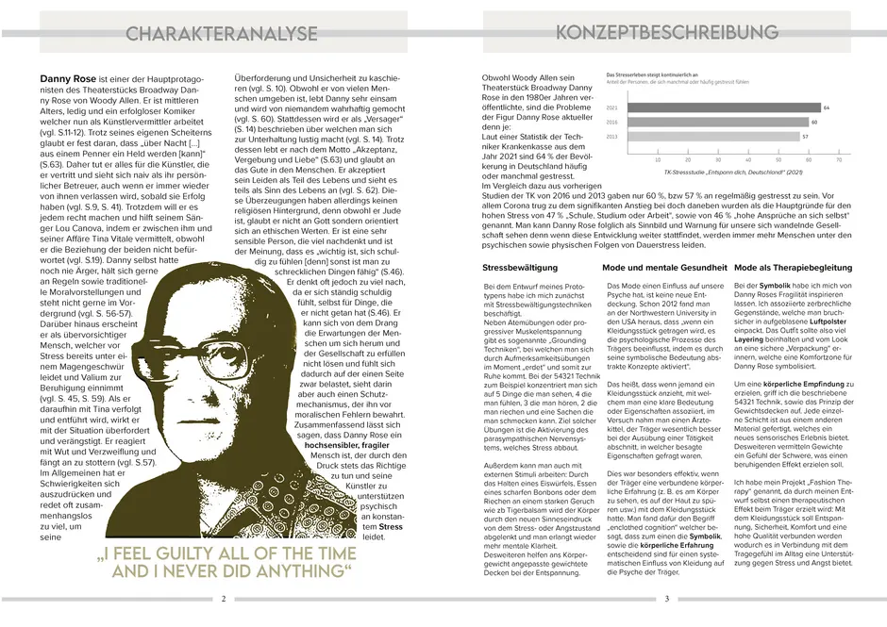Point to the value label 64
coord(827,108)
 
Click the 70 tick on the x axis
coord(839,159)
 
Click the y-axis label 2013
coord(612,137)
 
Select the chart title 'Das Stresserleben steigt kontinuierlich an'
coord(652,74)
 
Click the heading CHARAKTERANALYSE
coord(222,35)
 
